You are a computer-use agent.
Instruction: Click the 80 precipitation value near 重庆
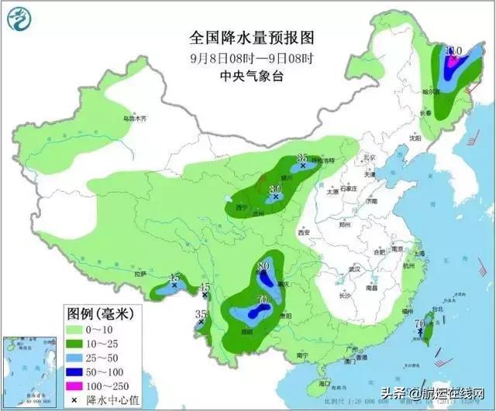coord(263,267)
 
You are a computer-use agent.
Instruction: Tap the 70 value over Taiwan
coord(419,324)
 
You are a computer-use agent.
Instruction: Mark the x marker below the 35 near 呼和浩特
coord(303,166)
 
